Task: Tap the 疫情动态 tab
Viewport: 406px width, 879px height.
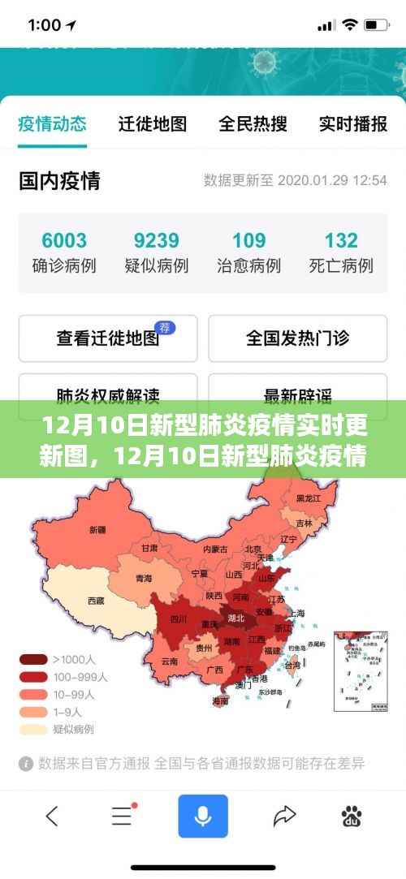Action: coord(52,123)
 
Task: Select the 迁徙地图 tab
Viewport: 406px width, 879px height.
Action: coord(153,123)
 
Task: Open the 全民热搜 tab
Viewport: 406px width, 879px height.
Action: coord(253,123)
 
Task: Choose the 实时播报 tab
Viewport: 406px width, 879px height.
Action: coord(352,123)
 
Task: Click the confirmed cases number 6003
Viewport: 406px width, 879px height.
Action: coord(64,240)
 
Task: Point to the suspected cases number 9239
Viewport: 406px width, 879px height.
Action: coord(156,240)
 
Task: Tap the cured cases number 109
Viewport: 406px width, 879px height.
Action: coord(248,240)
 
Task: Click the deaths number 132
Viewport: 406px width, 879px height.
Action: coord(341,240)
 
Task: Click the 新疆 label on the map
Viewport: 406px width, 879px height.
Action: coord(97,529)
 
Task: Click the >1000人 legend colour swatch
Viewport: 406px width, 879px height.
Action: coord(33,659)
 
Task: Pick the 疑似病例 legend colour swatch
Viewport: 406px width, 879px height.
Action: coord(33,729)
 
